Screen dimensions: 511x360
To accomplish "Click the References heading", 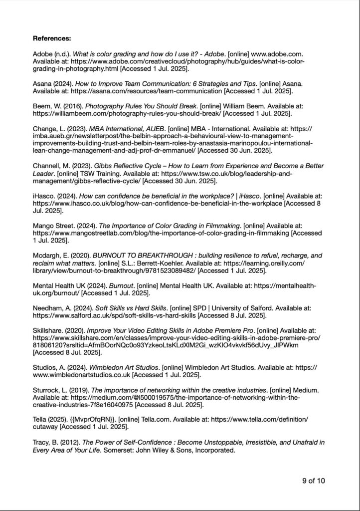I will [x=52, y=38].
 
